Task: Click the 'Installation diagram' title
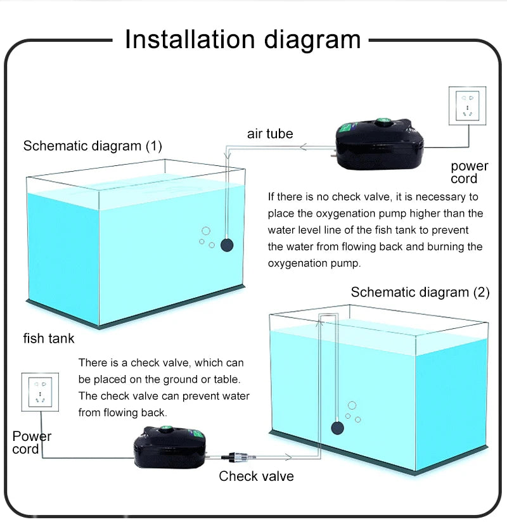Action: [x=243, y=39]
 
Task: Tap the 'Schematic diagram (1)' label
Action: [x=93, y=146]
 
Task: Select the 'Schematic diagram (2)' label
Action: [x=420, y=292]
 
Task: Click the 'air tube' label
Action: [x=270, y=134]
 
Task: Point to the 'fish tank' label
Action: [x=49, y=338]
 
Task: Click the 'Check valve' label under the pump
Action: [x=256, y=476]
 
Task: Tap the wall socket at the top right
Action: [x=467, y=106]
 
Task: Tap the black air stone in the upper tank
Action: [x=226, y=245]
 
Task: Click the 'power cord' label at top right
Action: [x=469, y=172]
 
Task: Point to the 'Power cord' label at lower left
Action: [x=32, y=442]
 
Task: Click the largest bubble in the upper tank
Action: [x=205, y=231]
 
